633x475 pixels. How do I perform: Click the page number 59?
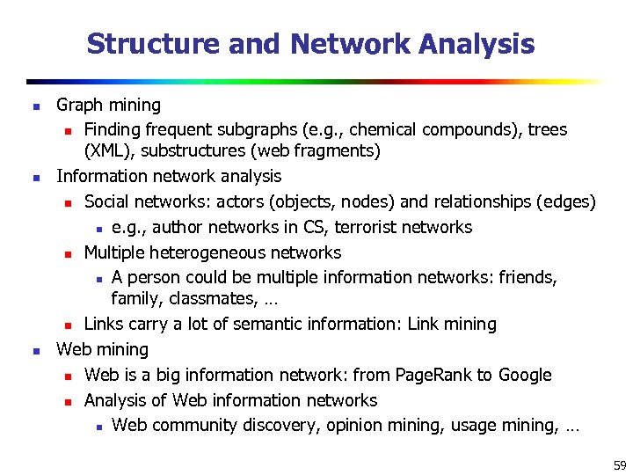coord(620,464)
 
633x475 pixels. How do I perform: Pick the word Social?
coord(109,202)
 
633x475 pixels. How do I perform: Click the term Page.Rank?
coord(433,375)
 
